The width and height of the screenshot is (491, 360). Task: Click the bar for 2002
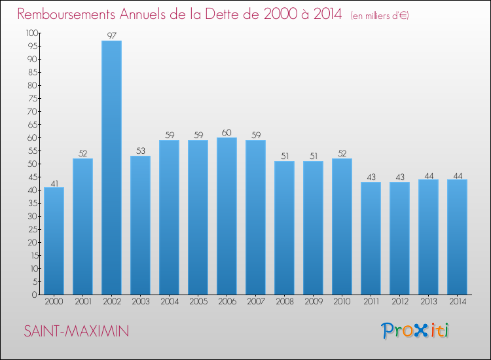click(x=111, y=168)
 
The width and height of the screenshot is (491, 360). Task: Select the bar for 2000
click(x=54, y=241)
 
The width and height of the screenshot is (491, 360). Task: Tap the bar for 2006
click(x=227, y=216)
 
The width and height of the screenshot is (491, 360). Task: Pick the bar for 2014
click(x=457, y=237)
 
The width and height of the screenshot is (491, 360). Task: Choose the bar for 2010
click(x=342, y=226)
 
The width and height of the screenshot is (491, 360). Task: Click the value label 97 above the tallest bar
click(x=112, y=36)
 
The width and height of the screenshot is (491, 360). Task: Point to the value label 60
click(x=227, y=133)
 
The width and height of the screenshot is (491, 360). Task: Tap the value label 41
click(x=54, y=183)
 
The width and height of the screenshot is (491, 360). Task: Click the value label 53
click(x=141, y=151)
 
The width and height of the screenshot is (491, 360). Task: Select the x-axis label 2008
click(x=285, y=302)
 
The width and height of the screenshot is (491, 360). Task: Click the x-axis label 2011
click(x=371, y=302)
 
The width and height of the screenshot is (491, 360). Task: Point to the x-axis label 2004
click(x=170, y=302)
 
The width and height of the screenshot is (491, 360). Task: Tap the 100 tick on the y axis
click(x=32, y=33)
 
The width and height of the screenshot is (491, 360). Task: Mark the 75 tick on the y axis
click(x=33, y=98)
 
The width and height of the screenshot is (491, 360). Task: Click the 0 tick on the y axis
click(x=35, y=295)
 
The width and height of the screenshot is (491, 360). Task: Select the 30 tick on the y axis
click(x=33, y=216)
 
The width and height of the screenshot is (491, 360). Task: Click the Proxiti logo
click(x=414, y=331)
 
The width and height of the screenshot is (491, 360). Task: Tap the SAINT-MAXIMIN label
click(x=77, y=331)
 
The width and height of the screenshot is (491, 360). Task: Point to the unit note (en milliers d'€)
click(x=380, y=16)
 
